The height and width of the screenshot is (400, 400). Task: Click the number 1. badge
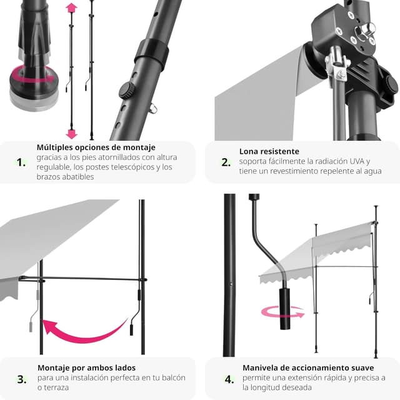[22, 162]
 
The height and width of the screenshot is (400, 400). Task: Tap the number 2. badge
[226, 162]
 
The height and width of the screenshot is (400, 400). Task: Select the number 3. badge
[22, 379]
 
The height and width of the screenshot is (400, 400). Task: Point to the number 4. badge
[229, 379]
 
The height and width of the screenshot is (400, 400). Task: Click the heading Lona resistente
[269, 151]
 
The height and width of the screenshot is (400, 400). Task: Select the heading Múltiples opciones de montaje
[96, 147]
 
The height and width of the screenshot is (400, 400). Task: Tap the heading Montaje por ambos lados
[86, 367]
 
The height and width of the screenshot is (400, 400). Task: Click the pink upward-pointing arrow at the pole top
[71, 8]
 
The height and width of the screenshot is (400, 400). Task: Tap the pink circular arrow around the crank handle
[282, 311]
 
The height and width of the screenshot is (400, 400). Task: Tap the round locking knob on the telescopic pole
[127, 90]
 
